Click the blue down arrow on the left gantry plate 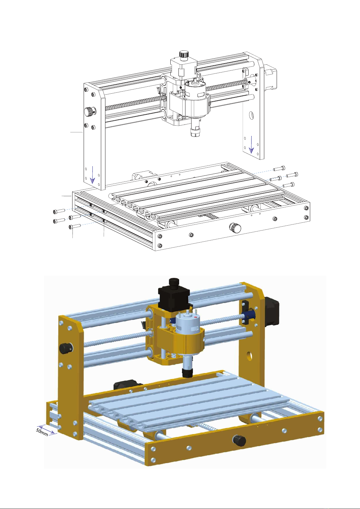point(92,175)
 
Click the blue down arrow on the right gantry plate point(251,144)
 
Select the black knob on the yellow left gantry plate point(65,348)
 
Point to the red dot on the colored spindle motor point(196,317)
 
